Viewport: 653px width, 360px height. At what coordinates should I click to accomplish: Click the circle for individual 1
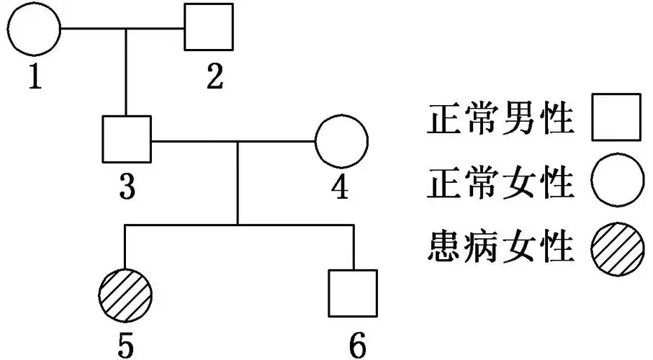tap(33, 30)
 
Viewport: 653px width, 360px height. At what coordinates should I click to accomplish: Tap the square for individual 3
tap(126, 140)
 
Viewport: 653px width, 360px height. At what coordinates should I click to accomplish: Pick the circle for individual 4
tap(341, 140)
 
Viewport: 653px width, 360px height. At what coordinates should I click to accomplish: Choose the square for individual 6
tap(353, 294)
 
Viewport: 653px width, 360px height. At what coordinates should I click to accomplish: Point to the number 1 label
tap(34, 76)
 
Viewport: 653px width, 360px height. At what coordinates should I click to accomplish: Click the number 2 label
tap(215, 75)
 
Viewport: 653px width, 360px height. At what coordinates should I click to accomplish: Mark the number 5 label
tap(126, 342)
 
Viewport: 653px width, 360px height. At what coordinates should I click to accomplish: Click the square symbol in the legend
tap(616, 119)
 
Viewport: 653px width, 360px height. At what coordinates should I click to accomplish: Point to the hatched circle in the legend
tap(616, 248)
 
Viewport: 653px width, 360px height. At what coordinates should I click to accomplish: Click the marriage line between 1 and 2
tap(122, 30)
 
